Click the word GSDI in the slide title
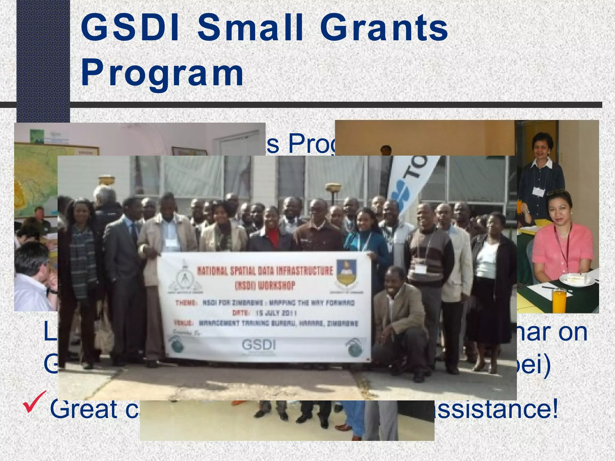coord(130,28)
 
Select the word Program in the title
coord(162,73)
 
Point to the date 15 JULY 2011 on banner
coord(276,313)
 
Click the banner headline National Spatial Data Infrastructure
coord(265,271)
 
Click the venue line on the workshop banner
coord(266,323)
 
